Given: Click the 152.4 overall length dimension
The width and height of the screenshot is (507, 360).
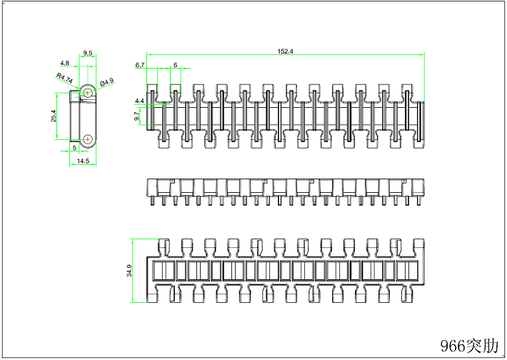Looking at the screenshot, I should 286,50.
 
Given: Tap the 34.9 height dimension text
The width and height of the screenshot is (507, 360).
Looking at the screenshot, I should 129,271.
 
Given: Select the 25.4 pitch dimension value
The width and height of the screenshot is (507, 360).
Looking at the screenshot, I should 54,116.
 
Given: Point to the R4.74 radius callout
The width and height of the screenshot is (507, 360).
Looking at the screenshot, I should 64,78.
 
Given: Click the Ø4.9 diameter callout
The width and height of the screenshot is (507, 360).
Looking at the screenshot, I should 107,83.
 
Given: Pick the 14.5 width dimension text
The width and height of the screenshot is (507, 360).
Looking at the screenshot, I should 84,161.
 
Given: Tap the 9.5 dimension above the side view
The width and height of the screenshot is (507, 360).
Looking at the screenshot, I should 88,54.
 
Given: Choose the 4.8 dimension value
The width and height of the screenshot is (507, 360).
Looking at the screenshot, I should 65,63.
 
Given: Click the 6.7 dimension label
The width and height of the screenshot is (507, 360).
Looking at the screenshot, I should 140,65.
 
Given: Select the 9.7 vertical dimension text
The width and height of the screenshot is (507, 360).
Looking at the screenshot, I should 136,116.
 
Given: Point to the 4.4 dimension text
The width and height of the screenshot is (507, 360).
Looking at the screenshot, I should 139,101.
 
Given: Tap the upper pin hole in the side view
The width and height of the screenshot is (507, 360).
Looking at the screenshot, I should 87,93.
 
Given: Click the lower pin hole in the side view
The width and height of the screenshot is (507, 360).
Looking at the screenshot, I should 87,139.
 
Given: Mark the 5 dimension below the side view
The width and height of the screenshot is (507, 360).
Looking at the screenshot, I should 74,148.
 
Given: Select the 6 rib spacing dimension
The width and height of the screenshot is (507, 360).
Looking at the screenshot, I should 176,65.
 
